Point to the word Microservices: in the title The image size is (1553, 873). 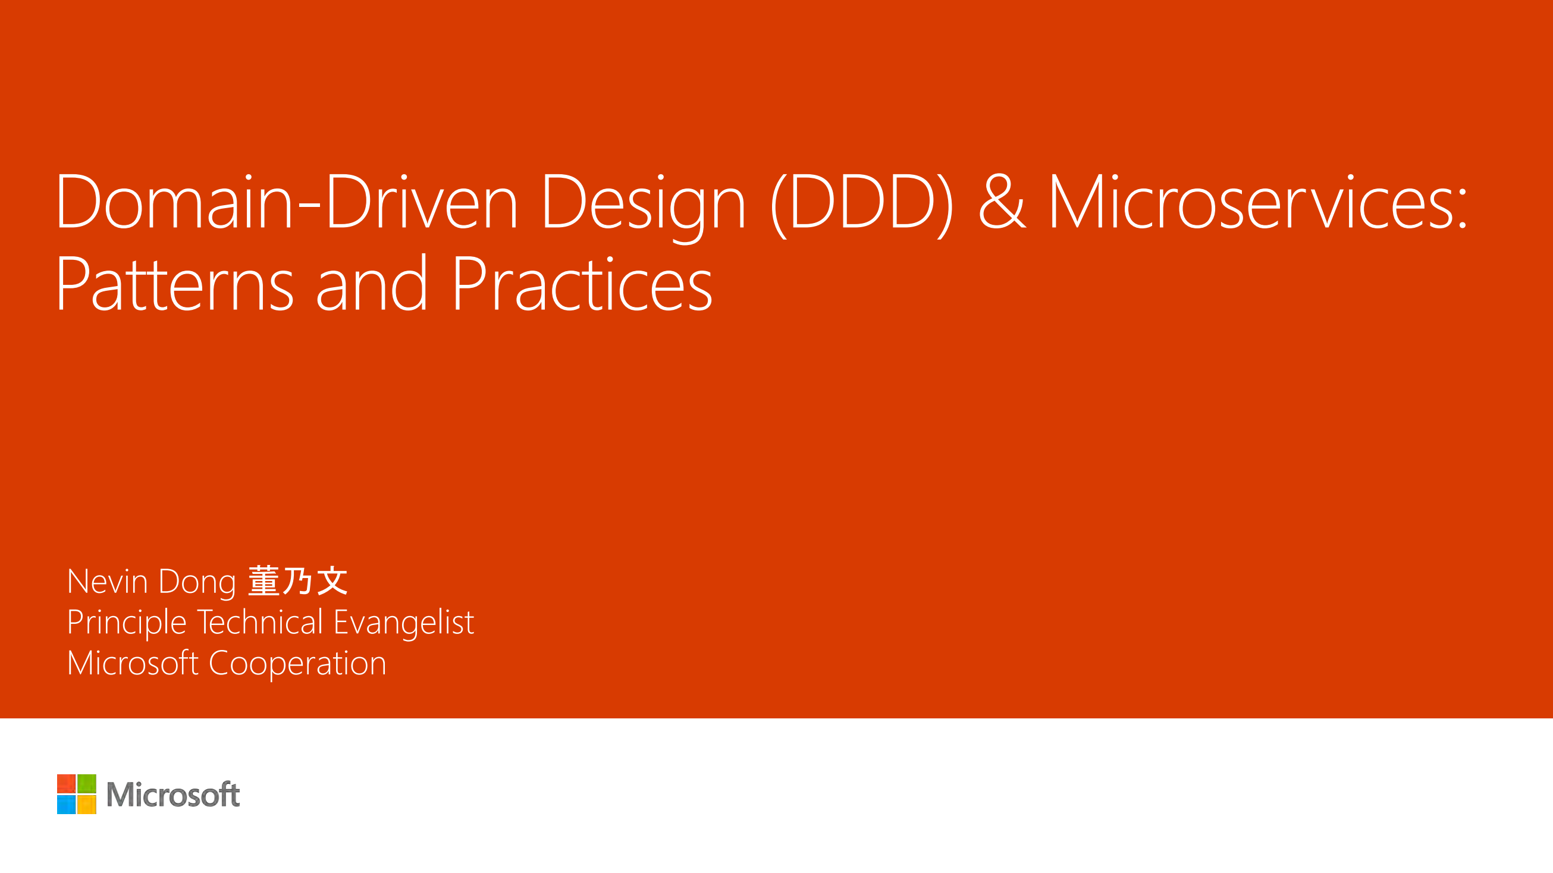(x=1258, y=202)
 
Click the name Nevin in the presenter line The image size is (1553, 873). (x=108, y=582)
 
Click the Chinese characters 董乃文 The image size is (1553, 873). (x=298, y=581)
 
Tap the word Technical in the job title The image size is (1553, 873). (x=260, y=621)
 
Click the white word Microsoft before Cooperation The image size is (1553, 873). (x=133, y=662)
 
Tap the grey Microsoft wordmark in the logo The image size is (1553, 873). (x=173, y=795)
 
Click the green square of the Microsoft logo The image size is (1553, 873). (x=87, y=784)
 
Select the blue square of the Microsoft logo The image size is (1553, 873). (x=66, y=804)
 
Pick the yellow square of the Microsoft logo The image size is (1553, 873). (x=87, y=804)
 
